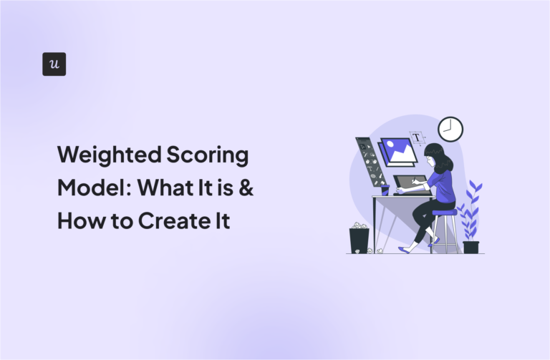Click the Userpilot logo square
(x=54, y=64)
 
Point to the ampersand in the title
(x=245, y=188)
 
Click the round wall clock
(x=450, y=129)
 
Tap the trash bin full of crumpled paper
(x=359, y=238)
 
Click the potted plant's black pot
(x=471, y=247)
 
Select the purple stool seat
(x=444, y=213)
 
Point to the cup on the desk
(x=385, y=190)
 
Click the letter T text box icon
(x=416, y=137)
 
